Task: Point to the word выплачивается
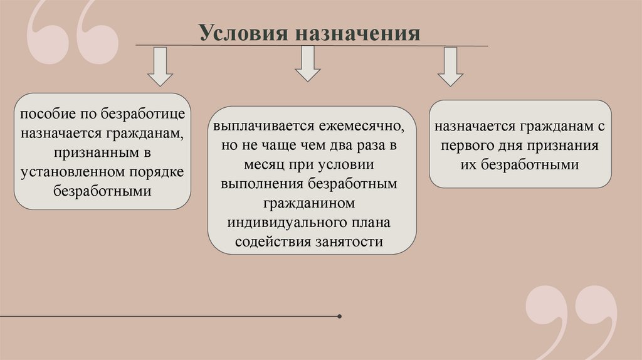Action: (x=257, y=126)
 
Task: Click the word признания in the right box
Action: (x=564, y=146)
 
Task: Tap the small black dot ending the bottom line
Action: (x=339, y=316)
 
